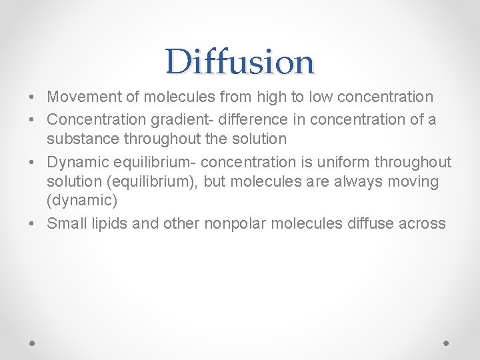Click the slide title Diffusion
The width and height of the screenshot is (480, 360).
240,61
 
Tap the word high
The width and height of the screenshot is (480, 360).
268,97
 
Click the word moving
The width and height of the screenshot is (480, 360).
415,181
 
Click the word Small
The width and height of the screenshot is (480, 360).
63,223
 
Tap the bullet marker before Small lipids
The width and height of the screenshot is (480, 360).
33,223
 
